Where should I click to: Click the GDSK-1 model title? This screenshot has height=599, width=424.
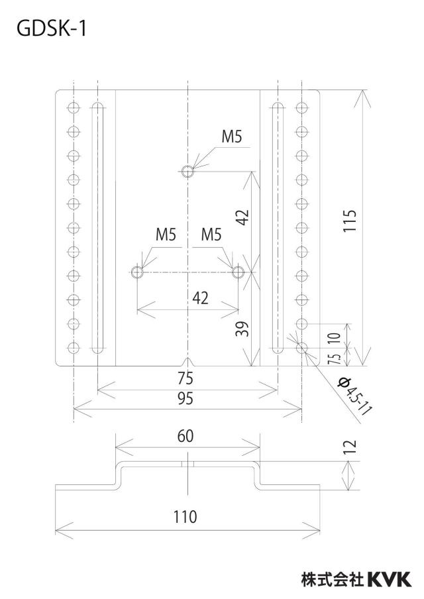click(52, 28)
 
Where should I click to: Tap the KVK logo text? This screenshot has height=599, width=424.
click(390, 580)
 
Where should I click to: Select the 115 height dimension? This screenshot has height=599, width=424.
click(350, 221)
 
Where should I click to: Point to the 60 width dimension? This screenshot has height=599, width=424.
click(185, 436)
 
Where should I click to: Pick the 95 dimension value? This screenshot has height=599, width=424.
click(185, 398)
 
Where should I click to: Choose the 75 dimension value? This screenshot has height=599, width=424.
click(185, 378)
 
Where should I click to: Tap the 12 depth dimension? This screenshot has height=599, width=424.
click(350, 447)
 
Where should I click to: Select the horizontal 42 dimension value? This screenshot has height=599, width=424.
click(201, 298)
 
